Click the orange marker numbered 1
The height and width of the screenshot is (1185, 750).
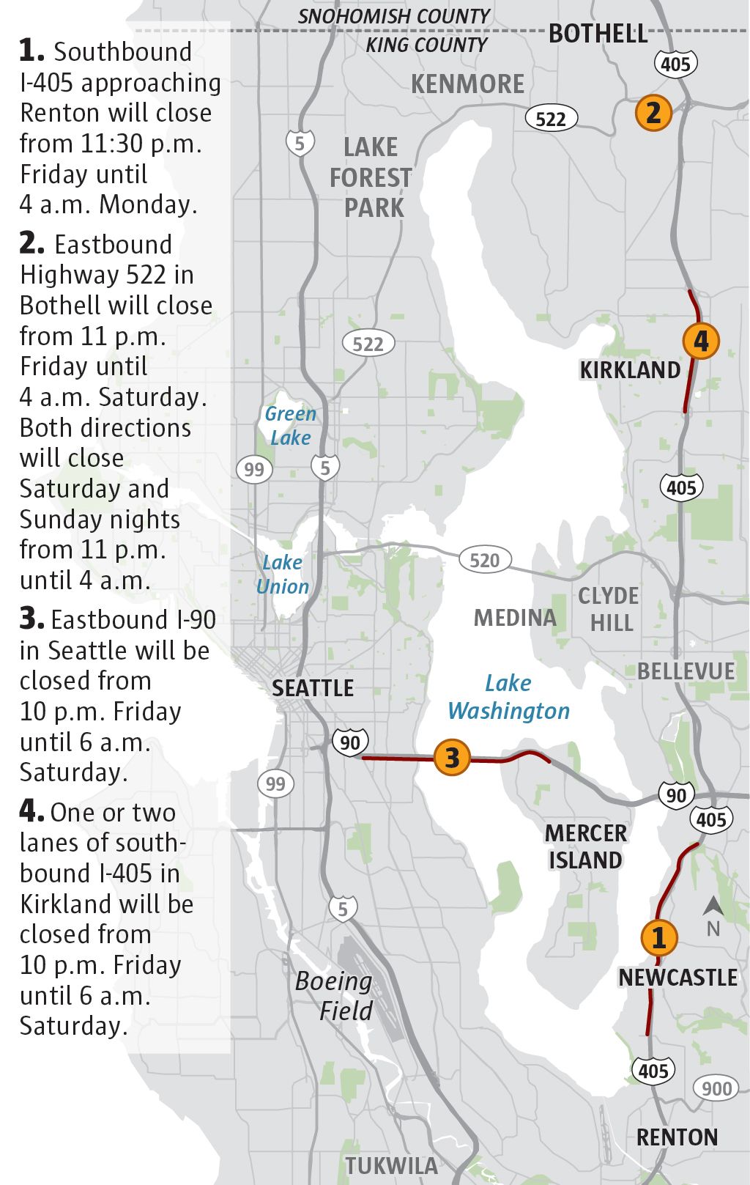pos(658,937)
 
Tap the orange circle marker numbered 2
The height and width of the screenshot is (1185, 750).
pos(653,112)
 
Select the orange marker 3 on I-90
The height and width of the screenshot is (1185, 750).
pos(452,757)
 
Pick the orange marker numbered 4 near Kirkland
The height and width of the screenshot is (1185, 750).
pos(701,341)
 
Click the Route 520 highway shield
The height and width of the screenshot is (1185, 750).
pos(484,561)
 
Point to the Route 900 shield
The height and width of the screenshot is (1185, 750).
pos(716,1088)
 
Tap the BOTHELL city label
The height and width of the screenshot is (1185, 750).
pos(598,34)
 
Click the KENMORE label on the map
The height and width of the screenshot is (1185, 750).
pos(467,84)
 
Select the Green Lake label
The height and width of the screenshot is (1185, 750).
pos(290,426)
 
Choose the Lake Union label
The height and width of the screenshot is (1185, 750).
pos(283,575)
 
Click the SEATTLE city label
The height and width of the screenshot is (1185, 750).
pos(313,688)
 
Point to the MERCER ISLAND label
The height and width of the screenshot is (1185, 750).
pos(586,846)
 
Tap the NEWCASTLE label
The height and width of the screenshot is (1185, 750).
pos(677,978)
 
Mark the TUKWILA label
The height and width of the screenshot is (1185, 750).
pos(391,1165)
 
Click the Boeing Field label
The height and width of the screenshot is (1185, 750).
pos(334,996)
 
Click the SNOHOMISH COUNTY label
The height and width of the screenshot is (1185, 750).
pos(393,16)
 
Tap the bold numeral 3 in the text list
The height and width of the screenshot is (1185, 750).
pos(31,619)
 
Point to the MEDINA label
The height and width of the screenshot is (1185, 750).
pos(515,618)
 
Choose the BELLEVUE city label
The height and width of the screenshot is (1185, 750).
pos(686,671)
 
